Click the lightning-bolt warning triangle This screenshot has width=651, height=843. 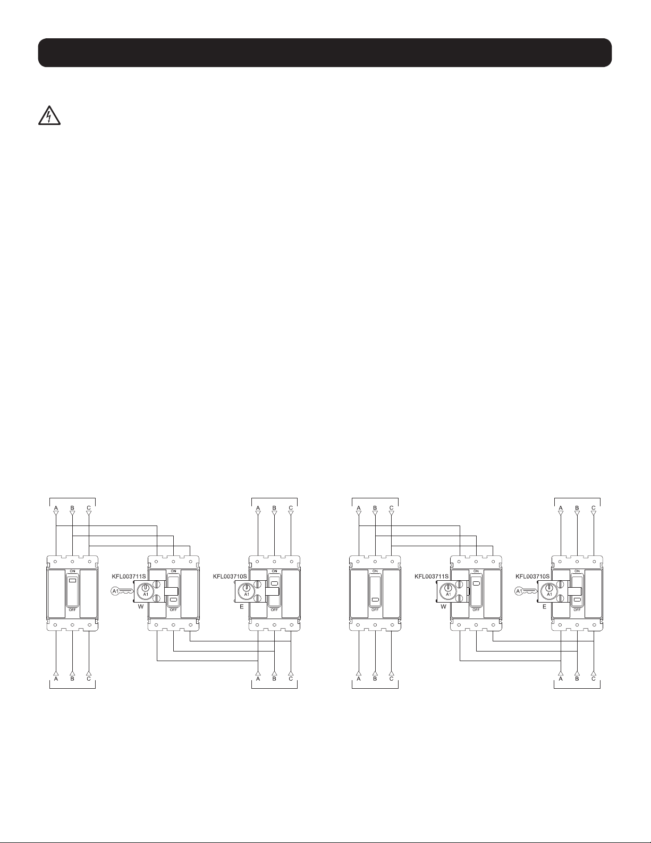tap(49, 115)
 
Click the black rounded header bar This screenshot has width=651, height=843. tap(325, 53)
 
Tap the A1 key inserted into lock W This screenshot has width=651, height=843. tap(122, 591)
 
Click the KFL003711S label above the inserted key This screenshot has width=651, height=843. tap(129, 577)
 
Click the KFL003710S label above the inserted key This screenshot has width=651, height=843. tap(532, 577)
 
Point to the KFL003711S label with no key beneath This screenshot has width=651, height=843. tap(432, 577)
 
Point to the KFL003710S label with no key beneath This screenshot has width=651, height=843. tap(230, 577)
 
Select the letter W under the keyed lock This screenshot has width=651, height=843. tap(141, 606)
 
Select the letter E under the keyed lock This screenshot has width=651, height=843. tap(544, 606)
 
